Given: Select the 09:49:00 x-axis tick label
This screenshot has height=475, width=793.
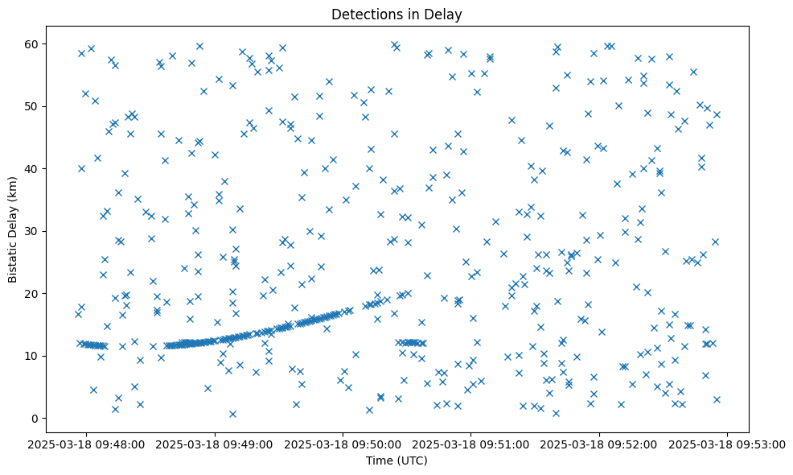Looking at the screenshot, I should point(216,444).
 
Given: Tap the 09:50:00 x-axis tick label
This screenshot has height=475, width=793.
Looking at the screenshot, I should point(344,444).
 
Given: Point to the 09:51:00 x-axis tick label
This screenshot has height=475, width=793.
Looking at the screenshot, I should point(472,444).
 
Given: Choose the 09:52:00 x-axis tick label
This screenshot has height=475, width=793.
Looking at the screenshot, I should point(600,444).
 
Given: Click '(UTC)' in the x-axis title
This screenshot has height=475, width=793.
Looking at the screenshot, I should point(415,461).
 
